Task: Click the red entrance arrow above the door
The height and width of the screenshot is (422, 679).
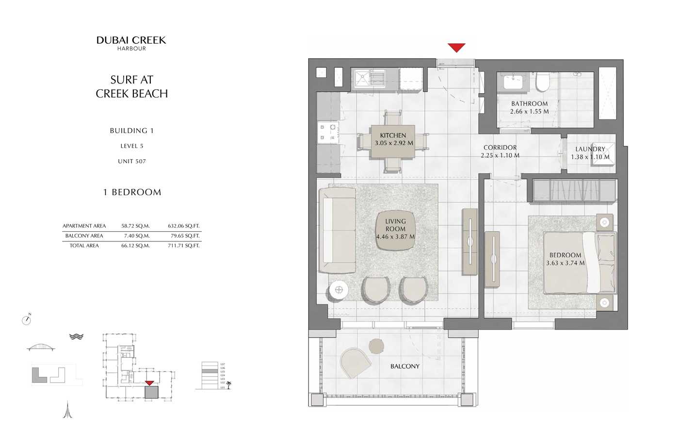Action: point(456,48)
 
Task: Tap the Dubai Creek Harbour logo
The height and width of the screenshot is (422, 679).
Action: point(131,43)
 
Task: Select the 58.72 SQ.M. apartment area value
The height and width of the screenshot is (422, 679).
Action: point(135,226)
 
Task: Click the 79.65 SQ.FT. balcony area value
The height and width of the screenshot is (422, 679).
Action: point(183,236)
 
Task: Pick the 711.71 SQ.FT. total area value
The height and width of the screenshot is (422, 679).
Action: point(183,246)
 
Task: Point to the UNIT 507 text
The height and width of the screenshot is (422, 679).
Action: point(131,161)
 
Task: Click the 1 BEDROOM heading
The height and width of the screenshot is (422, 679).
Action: point(132,192)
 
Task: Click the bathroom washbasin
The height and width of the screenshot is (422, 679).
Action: point(513,81)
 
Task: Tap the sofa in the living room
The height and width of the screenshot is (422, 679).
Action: point(337,232)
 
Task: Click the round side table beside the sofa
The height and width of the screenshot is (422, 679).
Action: point(339,290)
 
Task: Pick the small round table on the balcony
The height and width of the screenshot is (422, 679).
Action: point(376,346)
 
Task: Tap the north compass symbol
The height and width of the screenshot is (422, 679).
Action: point(27,320)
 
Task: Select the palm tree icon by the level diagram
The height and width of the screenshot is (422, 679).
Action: point(229,384)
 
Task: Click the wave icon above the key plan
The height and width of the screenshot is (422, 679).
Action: point(76,336)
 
